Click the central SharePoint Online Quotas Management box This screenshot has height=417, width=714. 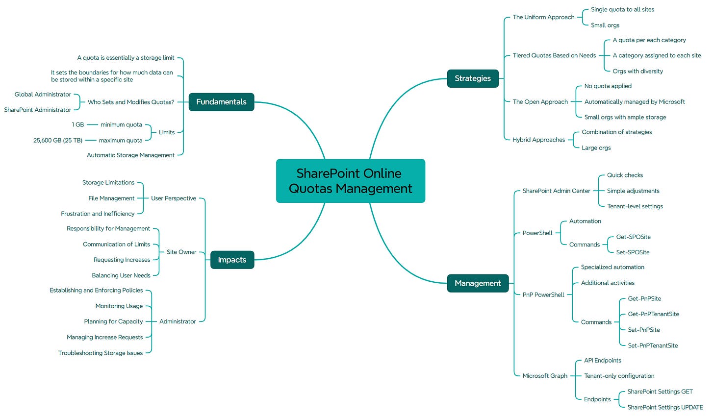pos(350,181)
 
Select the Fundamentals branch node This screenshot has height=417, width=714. pos(221,102)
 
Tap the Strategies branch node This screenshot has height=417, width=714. pos(472,78)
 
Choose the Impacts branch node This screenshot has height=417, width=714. pos(232,260)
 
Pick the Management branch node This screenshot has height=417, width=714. pos(477,283)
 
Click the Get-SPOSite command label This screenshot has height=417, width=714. pos(633,237)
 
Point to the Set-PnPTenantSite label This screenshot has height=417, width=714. pos(652,345)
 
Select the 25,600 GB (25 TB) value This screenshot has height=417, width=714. pos(58,140)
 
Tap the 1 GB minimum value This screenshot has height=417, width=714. pos(77,124)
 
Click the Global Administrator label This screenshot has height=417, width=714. pos(43,94)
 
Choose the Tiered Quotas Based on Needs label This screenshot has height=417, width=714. pos(554,55)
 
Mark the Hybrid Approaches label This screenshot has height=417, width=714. pos(538,140)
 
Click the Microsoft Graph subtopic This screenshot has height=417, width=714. pos(544,376)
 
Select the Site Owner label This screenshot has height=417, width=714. pos(181,252)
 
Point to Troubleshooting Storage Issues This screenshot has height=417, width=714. pos(101,353)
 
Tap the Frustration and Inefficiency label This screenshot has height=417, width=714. pos(98,214)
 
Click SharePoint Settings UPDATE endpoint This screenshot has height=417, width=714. pos(664,407)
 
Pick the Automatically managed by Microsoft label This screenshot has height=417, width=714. pos(634,102)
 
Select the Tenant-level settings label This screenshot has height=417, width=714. pos(635,206)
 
